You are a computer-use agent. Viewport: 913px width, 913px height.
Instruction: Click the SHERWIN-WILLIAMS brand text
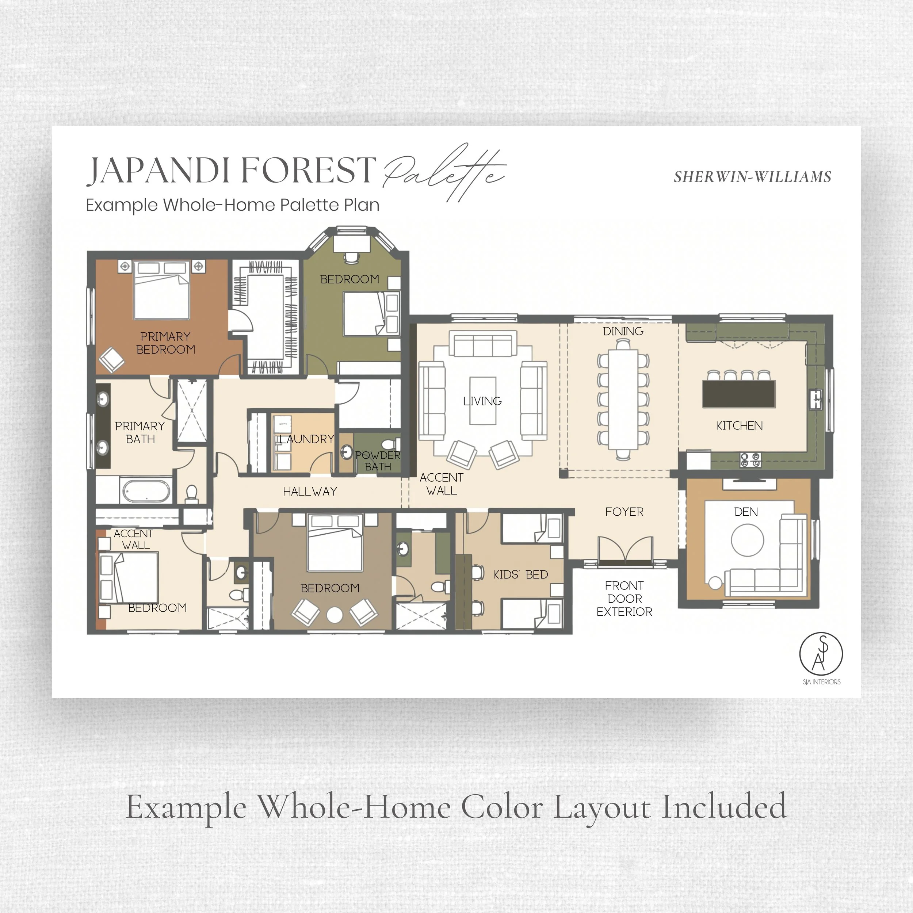coord(752,177)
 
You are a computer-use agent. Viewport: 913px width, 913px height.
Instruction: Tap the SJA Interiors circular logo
coord(821,654)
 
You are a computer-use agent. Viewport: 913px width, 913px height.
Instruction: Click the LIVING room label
coord(482,401)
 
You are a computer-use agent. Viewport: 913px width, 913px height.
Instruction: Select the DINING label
coord(623,331)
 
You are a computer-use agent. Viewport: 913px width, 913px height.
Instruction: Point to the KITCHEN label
coord(739,426)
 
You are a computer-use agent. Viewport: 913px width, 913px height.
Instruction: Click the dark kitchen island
coord(739,394)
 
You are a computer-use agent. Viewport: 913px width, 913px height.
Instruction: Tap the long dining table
coord(623,399)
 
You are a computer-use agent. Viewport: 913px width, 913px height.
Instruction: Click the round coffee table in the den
coord(747,540)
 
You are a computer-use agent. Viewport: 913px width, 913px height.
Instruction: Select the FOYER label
coord(624,512)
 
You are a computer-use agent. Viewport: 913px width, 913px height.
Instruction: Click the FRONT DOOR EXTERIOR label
coord(624,599)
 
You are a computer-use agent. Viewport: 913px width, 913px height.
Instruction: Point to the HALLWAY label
coord(310,492)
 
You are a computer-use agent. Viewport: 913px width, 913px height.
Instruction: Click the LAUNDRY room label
coord(307,439)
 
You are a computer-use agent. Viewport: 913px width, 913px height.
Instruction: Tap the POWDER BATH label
coord(378,461)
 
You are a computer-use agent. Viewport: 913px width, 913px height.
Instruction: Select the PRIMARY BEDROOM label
coord(165,343)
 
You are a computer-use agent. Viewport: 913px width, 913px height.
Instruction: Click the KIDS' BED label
coord(521,574)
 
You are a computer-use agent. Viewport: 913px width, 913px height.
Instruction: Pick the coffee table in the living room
coord(482,401)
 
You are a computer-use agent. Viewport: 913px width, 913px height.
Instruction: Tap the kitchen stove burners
coord(750,460)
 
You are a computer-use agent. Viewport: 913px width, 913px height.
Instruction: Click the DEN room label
coord(746,512)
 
